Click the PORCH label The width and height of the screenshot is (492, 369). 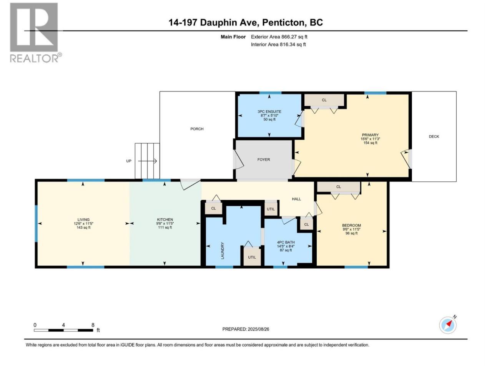197,129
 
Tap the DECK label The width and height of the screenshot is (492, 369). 434,136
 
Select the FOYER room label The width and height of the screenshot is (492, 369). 264,160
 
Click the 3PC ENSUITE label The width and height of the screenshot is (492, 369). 269,111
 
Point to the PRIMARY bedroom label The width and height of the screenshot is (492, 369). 370,135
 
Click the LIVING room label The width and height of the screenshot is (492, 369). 83,219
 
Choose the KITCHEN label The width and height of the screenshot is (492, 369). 165,219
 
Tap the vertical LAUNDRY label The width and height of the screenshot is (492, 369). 223,251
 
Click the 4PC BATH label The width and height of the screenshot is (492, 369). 286,242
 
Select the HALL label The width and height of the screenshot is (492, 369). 296,199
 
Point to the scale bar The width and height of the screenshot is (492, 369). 63,330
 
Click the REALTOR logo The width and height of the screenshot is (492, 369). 36,33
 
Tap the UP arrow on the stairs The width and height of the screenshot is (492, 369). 147,161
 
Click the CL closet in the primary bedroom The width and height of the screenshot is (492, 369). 324,100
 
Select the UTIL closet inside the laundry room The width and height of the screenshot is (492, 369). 252,257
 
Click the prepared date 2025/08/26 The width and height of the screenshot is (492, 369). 246,329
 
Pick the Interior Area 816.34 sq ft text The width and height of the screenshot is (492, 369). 278,44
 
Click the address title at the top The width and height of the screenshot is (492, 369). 246,22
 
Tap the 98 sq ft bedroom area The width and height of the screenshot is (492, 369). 351,233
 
